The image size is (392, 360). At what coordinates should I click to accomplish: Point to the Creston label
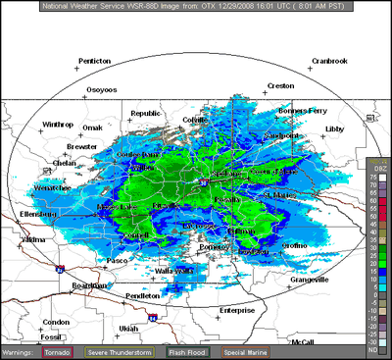[x=280, y=85]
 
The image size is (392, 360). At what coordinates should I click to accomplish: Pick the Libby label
[x=336, y=129]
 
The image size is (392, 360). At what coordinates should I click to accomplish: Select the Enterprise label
[x=237, y=309]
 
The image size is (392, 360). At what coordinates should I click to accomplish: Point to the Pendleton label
[x=143, y=294]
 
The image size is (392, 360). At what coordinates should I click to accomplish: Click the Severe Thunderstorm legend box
[x=120, y=350]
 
